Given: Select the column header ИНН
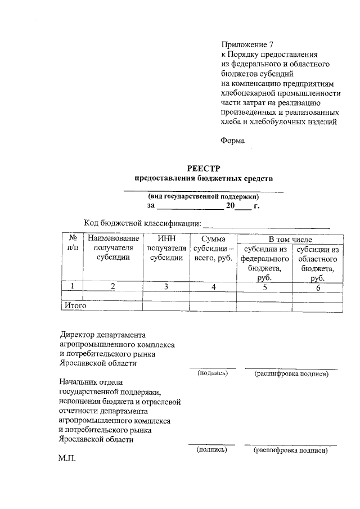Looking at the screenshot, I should pyautogui.click(x=166, y=239).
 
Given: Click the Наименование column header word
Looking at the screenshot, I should pyautogui.click(x=112, y=239).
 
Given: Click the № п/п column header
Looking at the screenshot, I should pyautogui.click(x=71, y=243).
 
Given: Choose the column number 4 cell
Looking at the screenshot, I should pyautogui.click(x=213, y=286).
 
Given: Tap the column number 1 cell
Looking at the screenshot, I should pyautogui.click(x=71, y=286).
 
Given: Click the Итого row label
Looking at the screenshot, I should pyautogui.click(x=73, y=306).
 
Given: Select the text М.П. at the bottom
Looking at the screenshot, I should pyautogui.click(x=66, y=458).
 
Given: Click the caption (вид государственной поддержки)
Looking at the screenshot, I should pyautogui.click(x=203, y=197).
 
